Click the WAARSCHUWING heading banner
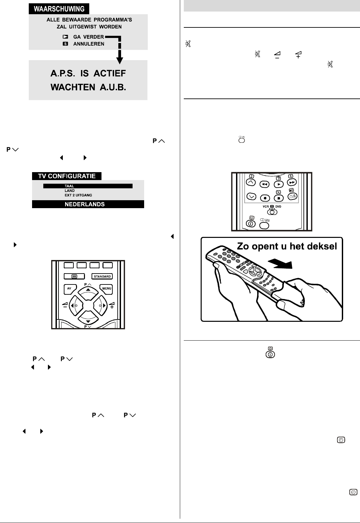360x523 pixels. pyautogui.click(x=59, y=9)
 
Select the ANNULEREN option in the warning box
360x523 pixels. pyautogui.click(x=89, y=44)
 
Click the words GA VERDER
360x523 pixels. pyautogui.click(x=89, y=37)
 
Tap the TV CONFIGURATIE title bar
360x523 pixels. pyautogui.click(x=66, y=176)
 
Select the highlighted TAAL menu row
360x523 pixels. pyautogui.click(x=88, y=186)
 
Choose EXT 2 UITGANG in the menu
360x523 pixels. pyautogui.click(x=78, y=195)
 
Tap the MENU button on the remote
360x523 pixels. pyautogui.click(x=107, y=288)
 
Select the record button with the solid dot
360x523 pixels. pyautogui.click(x=265, y=198)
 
